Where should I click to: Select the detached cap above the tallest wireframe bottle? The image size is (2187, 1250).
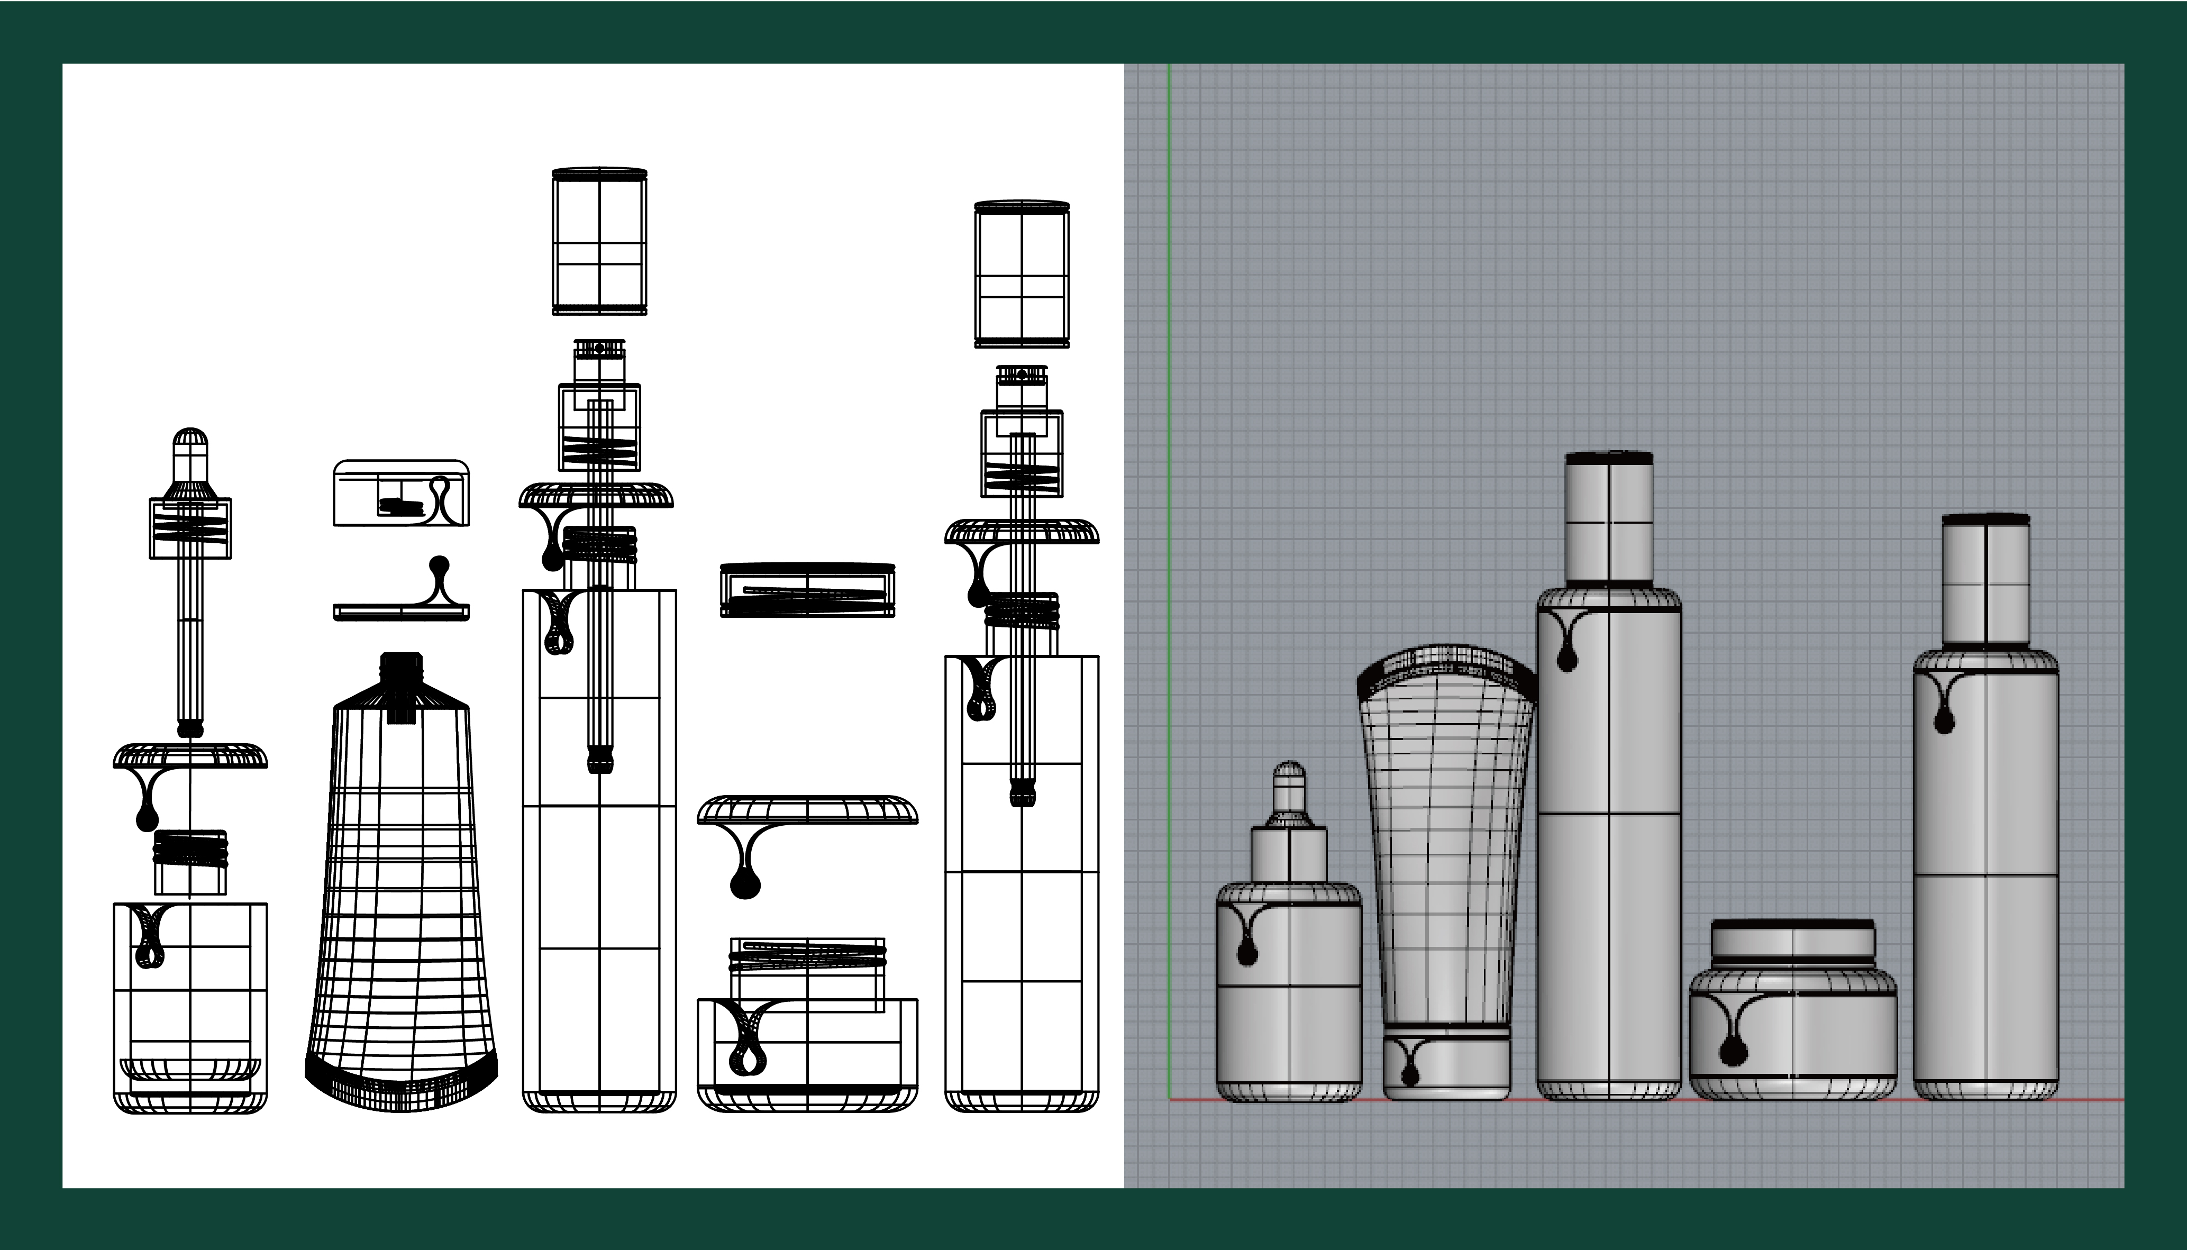coord(599,243)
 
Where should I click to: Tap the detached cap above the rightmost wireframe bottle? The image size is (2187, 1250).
coord(1022,275)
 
